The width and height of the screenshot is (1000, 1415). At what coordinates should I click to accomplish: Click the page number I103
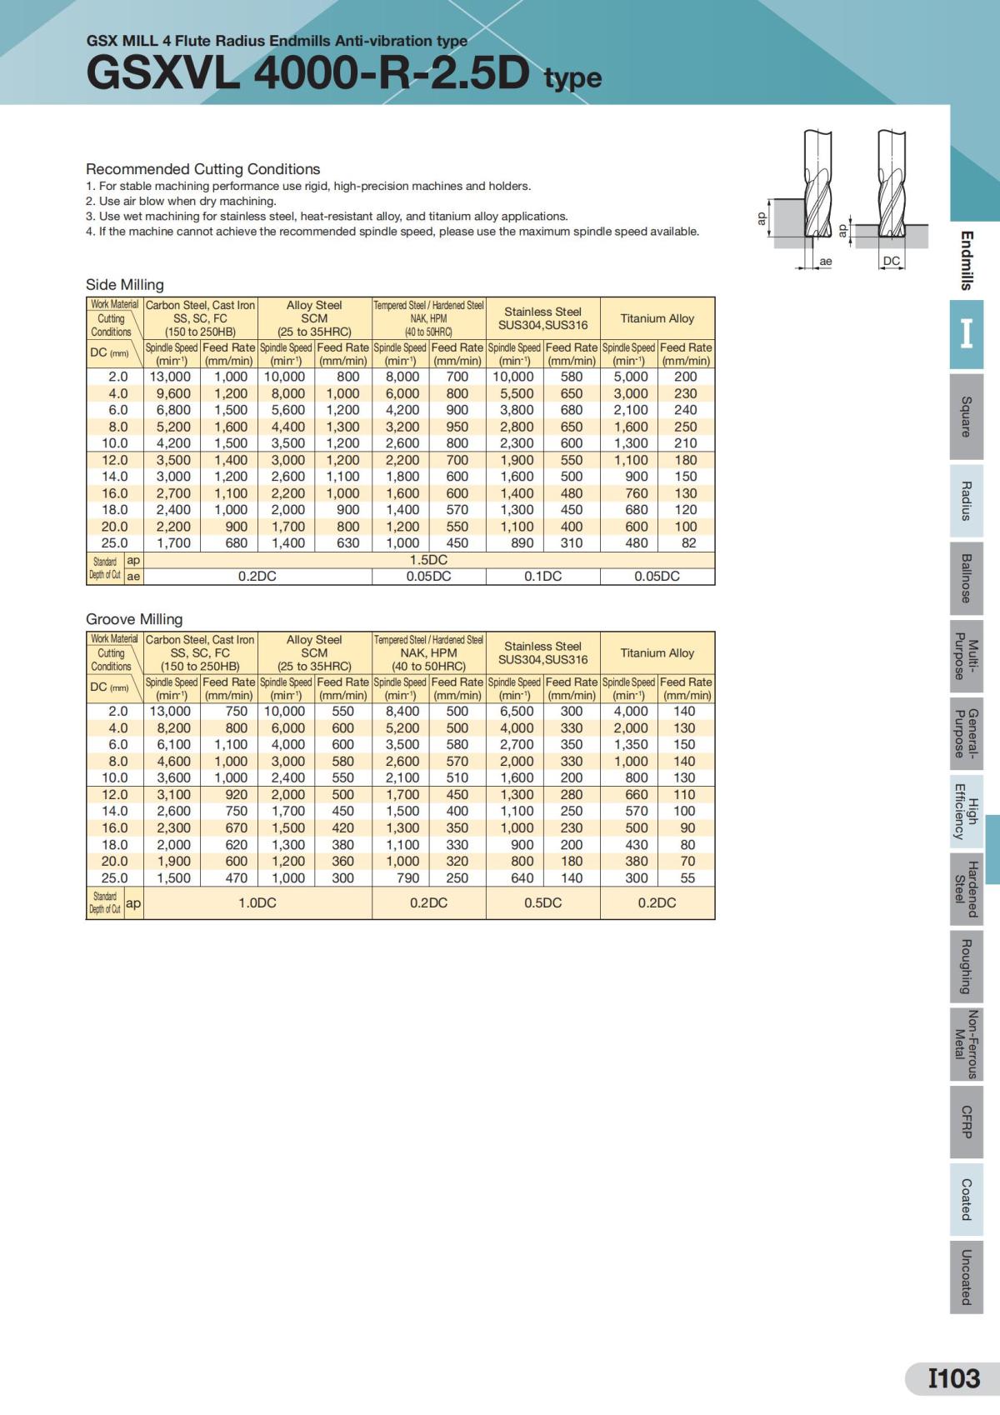(x=954, y=1378)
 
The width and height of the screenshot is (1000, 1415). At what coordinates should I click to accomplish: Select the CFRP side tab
(x=966, y=1122)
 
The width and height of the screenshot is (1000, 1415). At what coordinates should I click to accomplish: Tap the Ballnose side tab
(x=966, y=577)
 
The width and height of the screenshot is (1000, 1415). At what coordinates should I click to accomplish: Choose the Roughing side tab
(x=966, y=966)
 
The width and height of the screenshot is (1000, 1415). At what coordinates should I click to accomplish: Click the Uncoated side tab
(x=966, y=1277)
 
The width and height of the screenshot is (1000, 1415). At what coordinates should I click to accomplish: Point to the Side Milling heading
(x=125, y=285)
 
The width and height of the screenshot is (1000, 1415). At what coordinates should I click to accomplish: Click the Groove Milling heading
(x=134, y=619)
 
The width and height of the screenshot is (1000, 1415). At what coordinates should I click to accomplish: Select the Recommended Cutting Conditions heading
(x=202, y=169)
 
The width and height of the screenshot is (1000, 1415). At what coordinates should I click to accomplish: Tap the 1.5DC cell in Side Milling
(x=428, y=560)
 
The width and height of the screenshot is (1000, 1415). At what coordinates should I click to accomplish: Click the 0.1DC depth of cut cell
(x=542, y=577)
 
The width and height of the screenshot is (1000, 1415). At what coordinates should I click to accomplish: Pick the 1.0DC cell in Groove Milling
(x=257, y=902)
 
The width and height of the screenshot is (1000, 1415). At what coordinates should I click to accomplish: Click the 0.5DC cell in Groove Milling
(x=542, y=902)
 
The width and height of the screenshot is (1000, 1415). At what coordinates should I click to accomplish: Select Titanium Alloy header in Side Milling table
(x=657, y=318)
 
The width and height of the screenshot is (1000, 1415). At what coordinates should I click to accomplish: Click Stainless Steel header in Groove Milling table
(x=542, y=652)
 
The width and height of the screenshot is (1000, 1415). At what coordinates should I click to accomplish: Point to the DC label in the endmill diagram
(x=892, y=261)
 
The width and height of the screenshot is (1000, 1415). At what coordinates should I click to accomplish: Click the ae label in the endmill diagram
(x=825, y=262)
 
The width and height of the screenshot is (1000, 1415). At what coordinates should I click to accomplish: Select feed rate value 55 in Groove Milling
(x=687, y=877)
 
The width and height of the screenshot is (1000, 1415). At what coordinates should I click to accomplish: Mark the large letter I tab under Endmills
(x=966, y=334)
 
